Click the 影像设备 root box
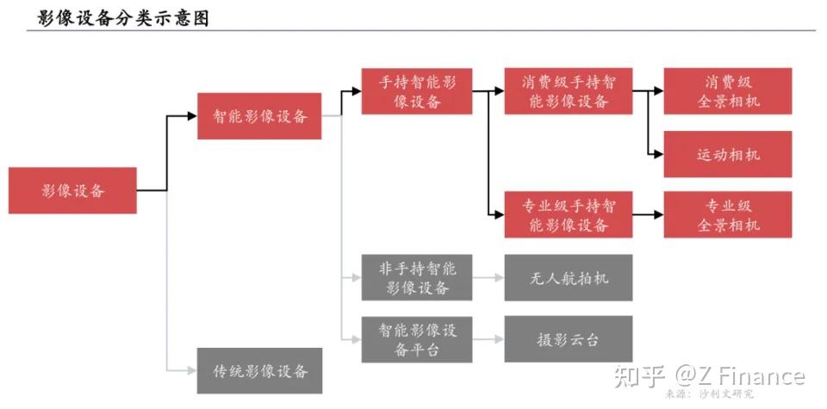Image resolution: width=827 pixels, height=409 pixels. coord(72,190)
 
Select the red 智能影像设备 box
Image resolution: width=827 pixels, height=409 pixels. coord(259,116)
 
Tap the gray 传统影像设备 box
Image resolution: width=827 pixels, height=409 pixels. coord(259,370)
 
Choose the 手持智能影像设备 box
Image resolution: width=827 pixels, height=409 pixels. coord(417,91)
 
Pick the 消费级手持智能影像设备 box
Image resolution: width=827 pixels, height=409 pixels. coord(569,91)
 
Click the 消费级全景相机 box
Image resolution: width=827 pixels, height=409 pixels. coord(728,91)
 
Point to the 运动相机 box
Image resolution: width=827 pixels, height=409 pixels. coord(728,154)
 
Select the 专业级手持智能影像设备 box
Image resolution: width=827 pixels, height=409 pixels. coord(569,214)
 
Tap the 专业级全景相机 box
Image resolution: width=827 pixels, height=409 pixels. coord(728,214)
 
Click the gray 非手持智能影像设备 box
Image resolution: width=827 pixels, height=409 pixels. coord(417,277)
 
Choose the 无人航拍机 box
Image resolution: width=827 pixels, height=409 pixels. coord(569,277)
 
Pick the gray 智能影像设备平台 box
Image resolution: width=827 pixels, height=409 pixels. coord(417,339)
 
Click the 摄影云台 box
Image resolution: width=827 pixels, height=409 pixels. coord(569,339)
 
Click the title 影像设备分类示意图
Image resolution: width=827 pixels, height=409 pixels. coord(123,18)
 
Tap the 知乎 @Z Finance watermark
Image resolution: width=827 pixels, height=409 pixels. coord(709,376)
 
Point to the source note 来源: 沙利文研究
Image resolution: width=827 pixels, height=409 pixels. coord(709,394)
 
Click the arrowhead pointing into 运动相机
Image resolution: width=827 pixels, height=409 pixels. coord(659,154)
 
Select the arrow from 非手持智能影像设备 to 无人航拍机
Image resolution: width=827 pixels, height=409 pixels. coord(488,277)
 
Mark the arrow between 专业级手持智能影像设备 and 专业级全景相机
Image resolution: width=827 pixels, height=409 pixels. coord(648,214)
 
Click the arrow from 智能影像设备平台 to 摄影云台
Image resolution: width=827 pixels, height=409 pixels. coord(488,339)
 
